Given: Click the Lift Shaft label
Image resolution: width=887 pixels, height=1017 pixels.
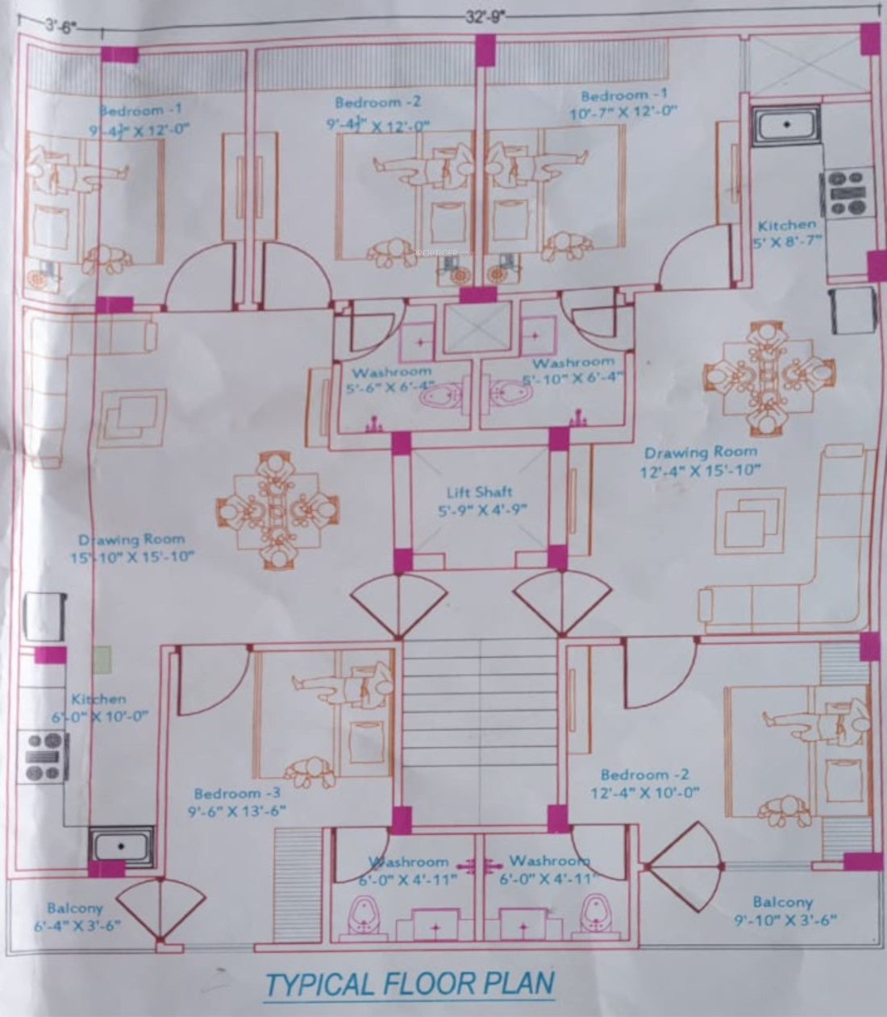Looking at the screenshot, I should [479, 500].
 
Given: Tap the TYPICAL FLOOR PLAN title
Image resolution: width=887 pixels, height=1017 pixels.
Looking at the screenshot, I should [410, 984].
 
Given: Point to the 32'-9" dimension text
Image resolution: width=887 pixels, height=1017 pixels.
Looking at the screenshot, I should [483, 15].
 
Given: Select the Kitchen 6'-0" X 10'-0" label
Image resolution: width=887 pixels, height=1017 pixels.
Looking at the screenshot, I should [98, 708].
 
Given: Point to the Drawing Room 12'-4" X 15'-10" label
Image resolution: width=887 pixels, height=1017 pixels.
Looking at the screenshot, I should [700, 462].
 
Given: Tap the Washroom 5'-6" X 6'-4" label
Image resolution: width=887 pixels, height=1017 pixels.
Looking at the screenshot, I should [392, 380].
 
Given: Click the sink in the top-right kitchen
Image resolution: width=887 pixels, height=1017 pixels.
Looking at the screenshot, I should [786, 126].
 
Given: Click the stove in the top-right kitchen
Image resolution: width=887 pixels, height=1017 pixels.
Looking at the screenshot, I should [847, 192].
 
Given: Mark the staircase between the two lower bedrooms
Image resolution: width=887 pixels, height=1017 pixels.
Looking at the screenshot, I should [481, 733].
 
